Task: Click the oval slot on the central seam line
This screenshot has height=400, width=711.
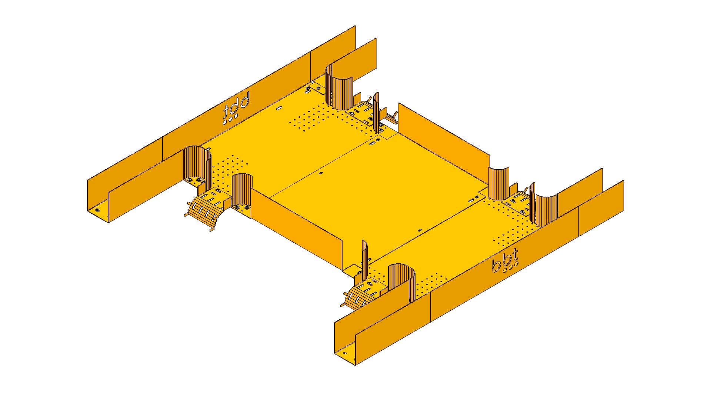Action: point(321,173)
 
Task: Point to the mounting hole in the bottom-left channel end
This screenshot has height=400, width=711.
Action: point(97,210)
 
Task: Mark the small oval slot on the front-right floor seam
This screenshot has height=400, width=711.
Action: point(420,230)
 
